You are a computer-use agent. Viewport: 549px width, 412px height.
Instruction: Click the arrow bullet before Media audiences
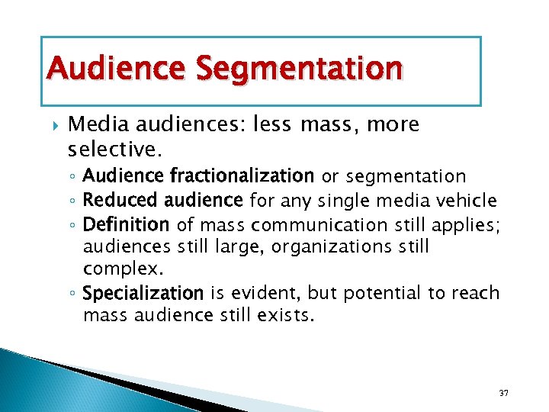point(51,124)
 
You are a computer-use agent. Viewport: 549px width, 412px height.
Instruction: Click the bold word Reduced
point(115,201)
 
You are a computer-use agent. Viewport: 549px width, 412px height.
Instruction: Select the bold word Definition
point(126,224)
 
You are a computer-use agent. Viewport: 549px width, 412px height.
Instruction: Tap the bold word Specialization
point(143,294)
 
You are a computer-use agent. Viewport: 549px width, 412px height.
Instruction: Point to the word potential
point(383,293)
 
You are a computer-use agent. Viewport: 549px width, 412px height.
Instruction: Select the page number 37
point(503,393)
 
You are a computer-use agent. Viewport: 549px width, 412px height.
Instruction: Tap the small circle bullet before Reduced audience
point(72,201)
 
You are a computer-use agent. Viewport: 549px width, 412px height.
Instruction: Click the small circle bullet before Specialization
point(72,294)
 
